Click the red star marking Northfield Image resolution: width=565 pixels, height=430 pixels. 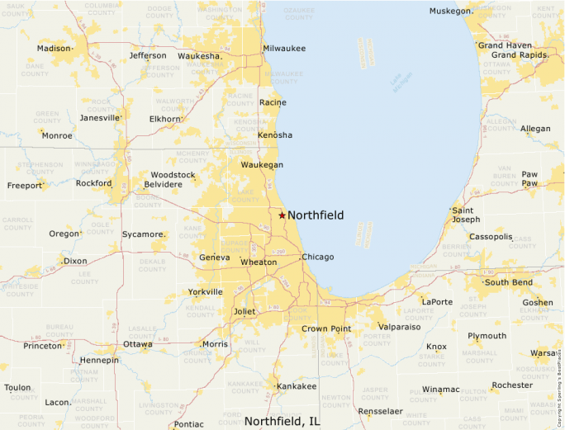(282, 215)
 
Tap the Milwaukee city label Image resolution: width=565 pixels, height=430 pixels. (284, 49)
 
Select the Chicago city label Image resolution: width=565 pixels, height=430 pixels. (318, 258)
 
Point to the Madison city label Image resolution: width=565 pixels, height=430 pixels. (54, 49)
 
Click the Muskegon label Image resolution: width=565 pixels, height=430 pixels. (450, 11)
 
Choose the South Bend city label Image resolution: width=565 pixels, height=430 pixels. (508, 282)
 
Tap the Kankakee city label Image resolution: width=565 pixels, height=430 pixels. (297, 386)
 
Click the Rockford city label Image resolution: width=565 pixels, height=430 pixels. (93, 183)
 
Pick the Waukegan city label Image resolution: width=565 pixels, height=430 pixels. (262, 165)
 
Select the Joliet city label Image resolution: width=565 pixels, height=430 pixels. (245, 311)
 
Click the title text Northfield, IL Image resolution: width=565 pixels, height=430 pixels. (282, 421)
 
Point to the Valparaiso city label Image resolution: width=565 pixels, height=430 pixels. (400, 328)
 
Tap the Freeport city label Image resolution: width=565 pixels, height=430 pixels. (24, 186)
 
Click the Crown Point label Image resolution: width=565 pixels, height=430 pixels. (326, 328)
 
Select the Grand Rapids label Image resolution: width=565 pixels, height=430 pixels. (520, 55)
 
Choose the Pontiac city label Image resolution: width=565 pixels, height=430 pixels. (188, 424)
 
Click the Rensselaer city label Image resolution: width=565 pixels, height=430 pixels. (380, 411)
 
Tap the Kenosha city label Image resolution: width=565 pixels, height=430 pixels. (275, 135)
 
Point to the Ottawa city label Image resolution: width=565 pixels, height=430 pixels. (137, 344)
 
